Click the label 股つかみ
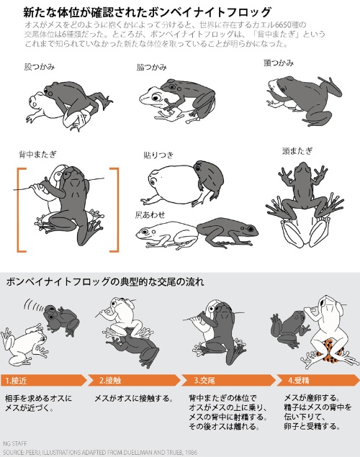click(40, 67)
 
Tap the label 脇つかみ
click(152, 68)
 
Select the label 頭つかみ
click(279, 63)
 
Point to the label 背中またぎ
click(37, 154)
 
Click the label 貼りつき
click(159, 155)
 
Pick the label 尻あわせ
click(150, 214)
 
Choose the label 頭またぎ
click(297, 150)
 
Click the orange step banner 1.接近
click(44, 380)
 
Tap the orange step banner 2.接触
click(135, 380)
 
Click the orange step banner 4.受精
click(318, 380)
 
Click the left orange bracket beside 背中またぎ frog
click(18, 209)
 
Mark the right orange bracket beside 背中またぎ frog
click(118, 209)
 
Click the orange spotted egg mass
click(329, 350)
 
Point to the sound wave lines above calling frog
click(34, 304)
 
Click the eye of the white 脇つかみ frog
click(158, 97)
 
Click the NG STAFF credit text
click(15, 443)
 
